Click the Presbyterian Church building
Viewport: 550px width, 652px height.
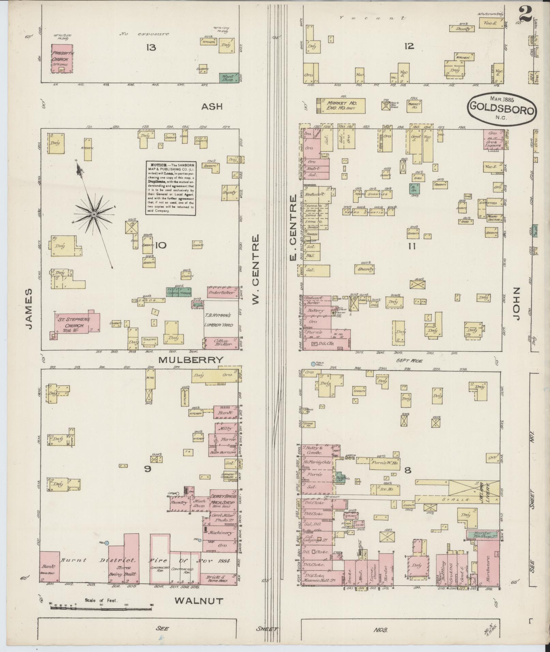[62, 58]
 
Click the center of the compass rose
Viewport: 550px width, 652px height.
[93, 214]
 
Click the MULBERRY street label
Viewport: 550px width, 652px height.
[191, 360]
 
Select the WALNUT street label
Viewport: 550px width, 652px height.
[199, 601]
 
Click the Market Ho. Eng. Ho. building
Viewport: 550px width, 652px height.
[341, 106]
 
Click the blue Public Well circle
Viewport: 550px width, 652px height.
[313, 364]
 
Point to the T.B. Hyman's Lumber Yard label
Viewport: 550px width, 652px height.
[218, 320]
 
